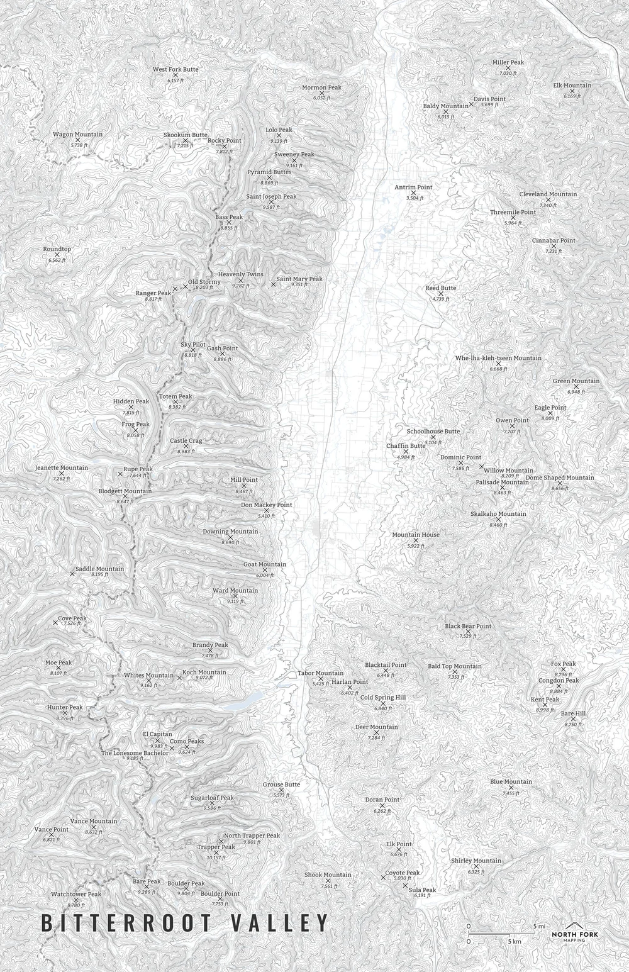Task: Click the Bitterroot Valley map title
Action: pyautogui.click(x=185, y=923)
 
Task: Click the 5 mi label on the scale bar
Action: pyautogui.click(x=539, y=926)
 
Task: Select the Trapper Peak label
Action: pyautogui.click(x=216, y=847)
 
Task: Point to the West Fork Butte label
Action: pyautogui.click(x=175, y=69)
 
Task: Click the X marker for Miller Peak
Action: pyautogui.click(x=508, y=69)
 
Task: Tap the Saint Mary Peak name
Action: pyautogui.click(x=299, y=279)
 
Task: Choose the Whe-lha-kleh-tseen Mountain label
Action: pyautogui.click(x=498, y=358)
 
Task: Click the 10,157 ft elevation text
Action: pyautogui.click(x=216, y=857)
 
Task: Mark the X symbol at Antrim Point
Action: pyautogui.click(x=413, y=193)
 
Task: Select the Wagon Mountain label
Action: pyautogui.click(x=77, y=135)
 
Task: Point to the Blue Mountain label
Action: pyautogui.click(x=511, y=781)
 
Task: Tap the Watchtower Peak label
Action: pyautogui.click(x=75, y=894)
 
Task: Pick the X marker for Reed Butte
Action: pyautogui.click(x=440, y=294)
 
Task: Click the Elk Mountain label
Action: pyautogui.click(x=572, y=86)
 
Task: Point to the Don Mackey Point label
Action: pyautogui.click(x=266, y=505)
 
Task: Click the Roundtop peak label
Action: pyautogui.click(x=57, y=249)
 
